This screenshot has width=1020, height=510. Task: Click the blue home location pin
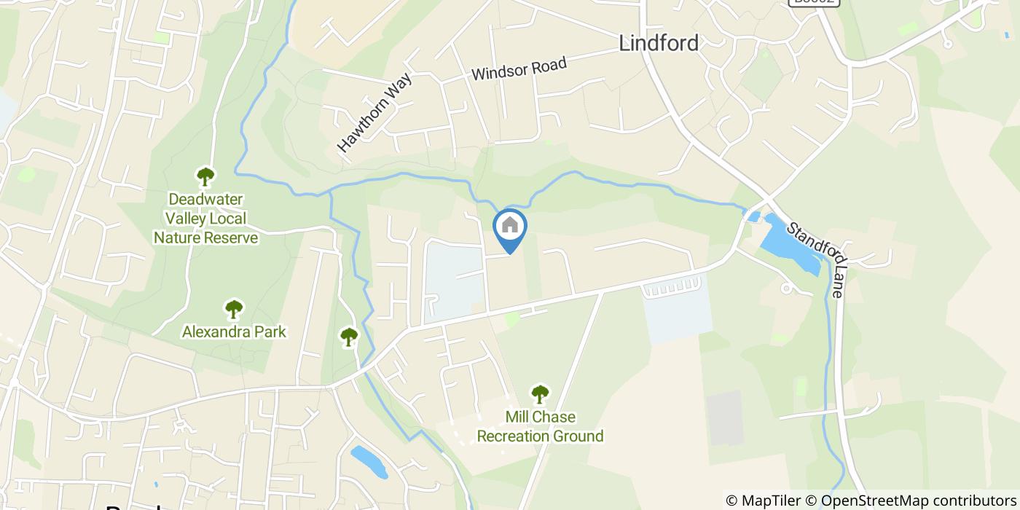coord(510,228)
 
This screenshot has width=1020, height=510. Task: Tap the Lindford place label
coord(658,43)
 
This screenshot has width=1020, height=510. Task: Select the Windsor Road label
coord(519,70)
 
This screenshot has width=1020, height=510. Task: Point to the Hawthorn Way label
coord(374,113)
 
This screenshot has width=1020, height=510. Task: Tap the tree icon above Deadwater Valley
coord(205,176)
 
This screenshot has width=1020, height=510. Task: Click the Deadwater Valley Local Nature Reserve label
coord(205,219)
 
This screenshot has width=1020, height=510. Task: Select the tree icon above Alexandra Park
coord(233,309)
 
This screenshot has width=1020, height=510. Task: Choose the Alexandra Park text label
coord(233,332)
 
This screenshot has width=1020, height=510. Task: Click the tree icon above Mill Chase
coord(539,394)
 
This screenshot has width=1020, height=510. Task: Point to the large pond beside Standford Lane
coord(790,244)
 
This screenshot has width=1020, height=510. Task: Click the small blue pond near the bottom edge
coord(369,461)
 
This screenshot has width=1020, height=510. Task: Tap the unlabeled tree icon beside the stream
coord(349,336)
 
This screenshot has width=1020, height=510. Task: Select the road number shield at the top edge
coord(814,2)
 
